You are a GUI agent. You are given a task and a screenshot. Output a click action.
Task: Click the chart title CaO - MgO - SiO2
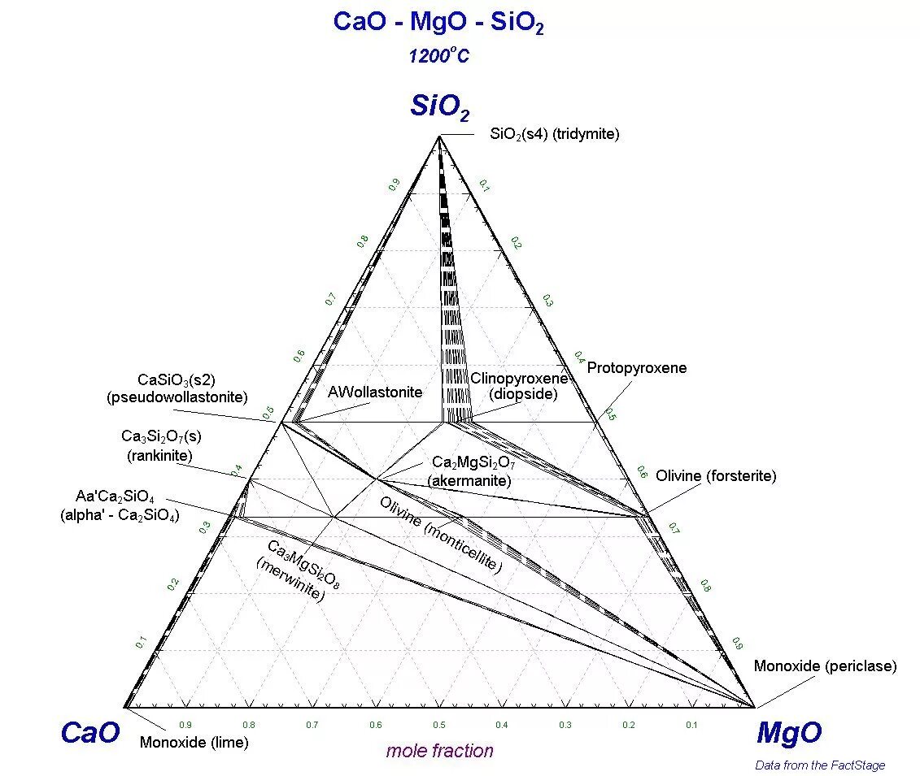tap(438, 23)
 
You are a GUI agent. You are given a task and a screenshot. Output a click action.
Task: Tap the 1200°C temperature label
tap(438, 56)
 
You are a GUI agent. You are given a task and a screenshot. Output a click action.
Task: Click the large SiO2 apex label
tap(440, 106)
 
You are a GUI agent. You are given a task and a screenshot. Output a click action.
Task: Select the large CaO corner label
tap(90, 733)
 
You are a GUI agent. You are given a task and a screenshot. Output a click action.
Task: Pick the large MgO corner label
tap(789, 733)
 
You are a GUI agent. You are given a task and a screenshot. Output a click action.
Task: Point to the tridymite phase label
tap(554, 135)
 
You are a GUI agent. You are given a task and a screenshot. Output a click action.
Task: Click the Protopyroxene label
tap(637, 368)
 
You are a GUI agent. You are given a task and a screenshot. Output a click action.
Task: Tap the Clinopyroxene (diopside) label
tap(519, 386)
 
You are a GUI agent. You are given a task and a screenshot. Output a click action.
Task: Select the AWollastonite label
tap(375, 392)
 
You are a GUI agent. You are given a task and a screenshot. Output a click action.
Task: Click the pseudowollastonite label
tap(177, 388)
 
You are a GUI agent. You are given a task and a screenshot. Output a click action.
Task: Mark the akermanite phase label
tap(473, 471)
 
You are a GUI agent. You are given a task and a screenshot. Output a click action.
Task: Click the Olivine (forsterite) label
tap(716, 476)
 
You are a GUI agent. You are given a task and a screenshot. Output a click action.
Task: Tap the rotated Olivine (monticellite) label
tap(440, 534)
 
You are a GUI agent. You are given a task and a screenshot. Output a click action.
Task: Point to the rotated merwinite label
tap(293, 570)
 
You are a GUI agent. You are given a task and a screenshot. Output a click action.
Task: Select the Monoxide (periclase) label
tap(825, 666)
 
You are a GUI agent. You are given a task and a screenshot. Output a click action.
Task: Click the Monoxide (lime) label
tap(194, 742)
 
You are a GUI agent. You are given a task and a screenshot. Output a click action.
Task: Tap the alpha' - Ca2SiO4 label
tap(120, 505)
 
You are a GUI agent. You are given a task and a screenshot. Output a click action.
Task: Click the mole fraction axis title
tap(439, 751)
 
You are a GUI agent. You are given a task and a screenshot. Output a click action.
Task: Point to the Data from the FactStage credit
tap(820, 765)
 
